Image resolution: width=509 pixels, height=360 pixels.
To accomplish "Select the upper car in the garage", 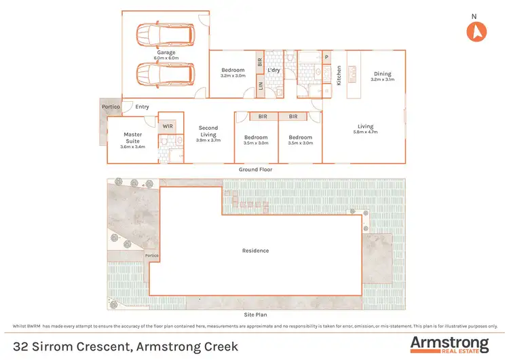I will (165, 34).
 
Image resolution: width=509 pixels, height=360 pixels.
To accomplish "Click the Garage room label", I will (166, 52).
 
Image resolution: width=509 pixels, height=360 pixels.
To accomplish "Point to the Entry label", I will (142, 107).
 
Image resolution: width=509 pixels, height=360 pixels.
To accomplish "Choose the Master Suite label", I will (132, 139).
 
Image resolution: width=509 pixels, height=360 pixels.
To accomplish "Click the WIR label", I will (167, 126).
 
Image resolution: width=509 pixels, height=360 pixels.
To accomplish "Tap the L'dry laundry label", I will (275, 70).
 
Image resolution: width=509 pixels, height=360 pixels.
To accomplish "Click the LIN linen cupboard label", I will (260, 86).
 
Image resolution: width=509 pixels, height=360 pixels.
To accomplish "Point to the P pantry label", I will (326, 57).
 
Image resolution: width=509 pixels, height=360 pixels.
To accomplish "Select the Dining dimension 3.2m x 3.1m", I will (383, 80).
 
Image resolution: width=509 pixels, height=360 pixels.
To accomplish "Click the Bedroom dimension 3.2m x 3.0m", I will (233, 76).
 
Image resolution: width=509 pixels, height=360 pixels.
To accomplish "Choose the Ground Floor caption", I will (256, 169).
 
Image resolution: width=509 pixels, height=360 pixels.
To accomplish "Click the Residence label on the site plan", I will (255, 251).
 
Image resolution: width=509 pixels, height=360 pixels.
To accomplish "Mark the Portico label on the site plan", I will (152, 255).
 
